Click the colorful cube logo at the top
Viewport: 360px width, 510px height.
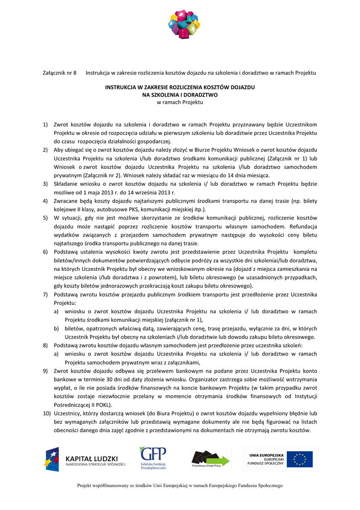pyautogui.click(x=184, y=24)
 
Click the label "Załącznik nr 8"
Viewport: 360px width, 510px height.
pyautogui.click(x=59, y=73)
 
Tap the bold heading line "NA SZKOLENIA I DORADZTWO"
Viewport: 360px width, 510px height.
pyautogui.click(x=180, y=94)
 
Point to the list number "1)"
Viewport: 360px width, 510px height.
pyautogui.click(x=45, y=124)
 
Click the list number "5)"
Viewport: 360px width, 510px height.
pyautogui.click(x=45, y=218)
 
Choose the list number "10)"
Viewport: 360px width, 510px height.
pyautogui.click(x=46, y=413)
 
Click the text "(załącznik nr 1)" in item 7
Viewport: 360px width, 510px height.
pyautogui.click(x=179, y=320)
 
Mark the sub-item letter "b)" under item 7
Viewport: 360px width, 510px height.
pyautogui.click(x=57, y=329)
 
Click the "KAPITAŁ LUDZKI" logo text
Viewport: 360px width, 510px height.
pyautogui.click(x=92, y=458)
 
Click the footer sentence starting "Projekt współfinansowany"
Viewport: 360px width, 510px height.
pyautogui.click(x=180, y=486)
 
